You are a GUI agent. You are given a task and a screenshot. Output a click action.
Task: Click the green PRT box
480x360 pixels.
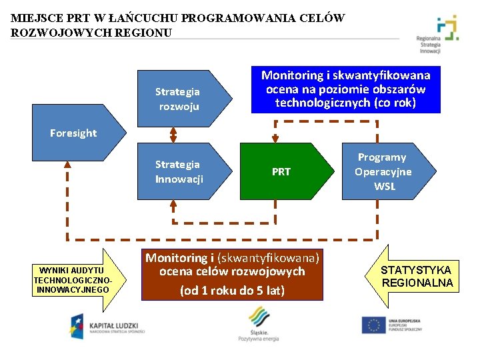click(x=281, y=172)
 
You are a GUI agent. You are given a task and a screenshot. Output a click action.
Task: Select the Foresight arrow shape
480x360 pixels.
click(x=73, y=133)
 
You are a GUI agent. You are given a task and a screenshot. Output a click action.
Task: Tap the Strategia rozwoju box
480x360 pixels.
click(x=178, y=99)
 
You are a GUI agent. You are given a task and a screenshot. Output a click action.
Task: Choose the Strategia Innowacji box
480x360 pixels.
click(x=178, y=172)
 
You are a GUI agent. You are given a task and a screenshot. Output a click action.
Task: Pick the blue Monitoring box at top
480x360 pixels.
click(x=345, y=89)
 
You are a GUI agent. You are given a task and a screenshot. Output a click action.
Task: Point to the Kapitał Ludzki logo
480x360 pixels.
click(x=107, y=325)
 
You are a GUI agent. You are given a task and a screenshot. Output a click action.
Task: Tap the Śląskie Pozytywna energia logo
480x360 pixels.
click(x=258, y=326)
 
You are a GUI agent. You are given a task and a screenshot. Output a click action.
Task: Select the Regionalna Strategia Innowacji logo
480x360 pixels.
click(x=443, y=35)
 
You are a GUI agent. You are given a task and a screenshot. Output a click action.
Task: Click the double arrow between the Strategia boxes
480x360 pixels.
click(x=173, y=135)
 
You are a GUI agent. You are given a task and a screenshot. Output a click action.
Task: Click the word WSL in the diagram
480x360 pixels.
click(x=385, y=187)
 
